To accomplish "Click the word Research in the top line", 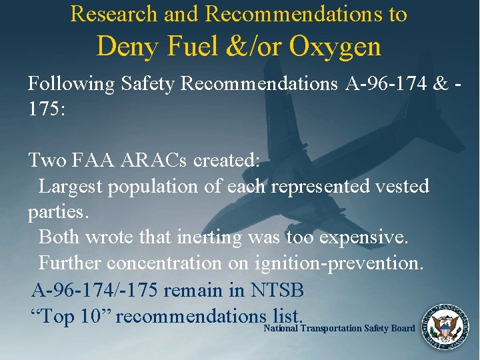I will point(113,13).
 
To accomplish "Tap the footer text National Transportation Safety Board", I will point(340,328).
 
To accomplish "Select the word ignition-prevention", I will point(339,263).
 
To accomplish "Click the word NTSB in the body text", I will point(278,290).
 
